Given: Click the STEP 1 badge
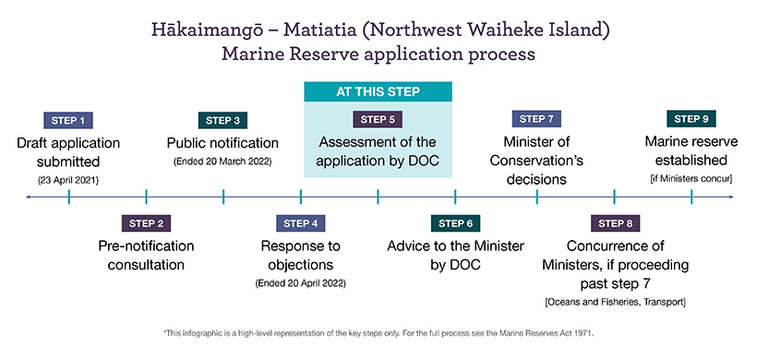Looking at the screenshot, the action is tap(68, 120).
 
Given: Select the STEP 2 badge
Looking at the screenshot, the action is tap(146, 223).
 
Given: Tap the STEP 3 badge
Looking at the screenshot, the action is tap(222, 120).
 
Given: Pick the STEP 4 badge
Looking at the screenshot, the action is tap(301, 223).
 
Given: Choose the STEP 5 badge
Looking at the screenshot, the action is tap(378, 120).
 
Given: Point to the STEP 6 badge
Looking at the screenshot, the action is tap(455, 223).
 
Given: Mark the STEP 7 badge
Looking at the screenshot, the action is tap(536, 119).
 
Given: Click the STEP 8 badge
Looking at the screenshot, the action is tap(615, 223).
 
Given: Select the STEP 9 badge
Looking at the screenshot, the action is tap(691, 119).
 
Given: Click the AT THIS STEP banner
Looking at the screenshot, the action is tap(378, 91).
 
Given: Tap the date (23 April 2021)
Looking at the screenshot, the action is tap(68, 181).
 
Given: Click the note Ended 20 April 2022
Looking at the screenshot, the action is tap(300, 283).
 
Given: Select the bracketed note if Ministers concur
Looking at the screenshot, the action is tap(691, 179).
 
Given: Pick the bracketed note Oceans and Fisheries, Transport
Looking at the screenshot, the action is tap(615, 303).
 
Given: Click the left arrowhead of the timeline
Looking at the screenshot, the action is tap(29, 197).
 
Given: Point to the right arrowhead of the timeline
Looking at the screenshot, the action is tap(731, 197).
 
